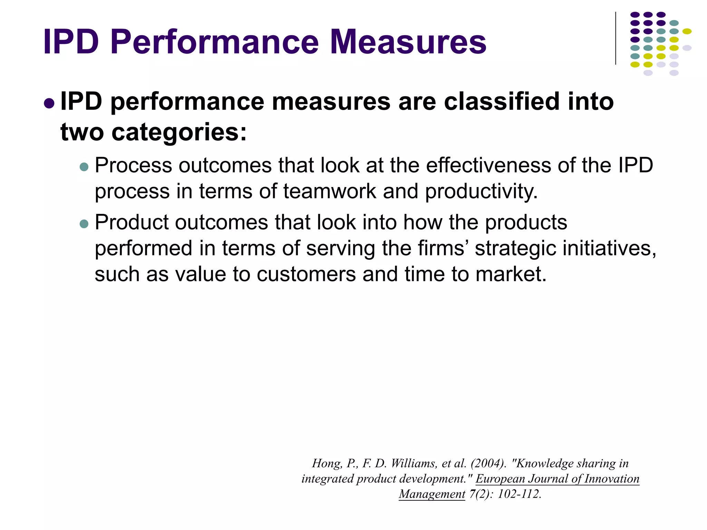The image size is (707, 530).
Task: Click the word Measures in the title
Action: (408, 42)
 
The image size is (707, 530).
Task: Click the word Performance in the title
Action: (214, 42)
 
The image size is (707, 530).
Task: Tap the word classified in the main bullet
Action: (502, 102)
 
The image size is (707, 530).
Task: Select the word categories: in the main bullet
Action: (179, 132)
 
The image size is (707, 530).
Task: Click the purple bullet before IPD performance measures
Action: (49, 103)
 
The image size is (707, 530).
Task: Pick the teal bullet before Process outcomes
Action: (84, 167)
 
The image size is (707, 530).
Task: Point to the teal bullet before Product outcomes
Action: (84, 224)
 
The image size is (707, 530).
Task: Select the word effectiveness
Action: (488, 165)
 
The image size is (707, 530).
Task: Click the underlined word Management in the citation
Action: (432, 494)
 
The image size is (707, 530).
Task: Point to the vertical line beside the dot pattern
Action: (616, 38)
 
